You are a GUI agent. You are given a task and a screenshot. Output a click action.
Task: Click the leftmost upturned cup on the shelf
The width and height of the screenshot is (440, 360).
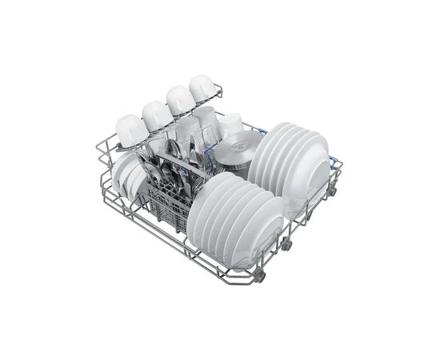pos(130,128)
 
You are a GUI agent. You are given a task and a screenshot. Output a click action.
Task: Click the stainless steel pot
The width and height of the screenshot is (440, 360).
pos(237,151)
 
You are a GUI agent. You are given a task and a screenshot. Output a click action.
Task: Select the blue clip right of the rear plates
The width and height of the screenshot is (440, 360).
pos(332,158)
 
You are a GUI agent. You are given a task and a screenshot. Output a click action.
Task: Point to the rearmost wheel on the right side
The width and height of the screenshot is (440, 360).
pos(330,192)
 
